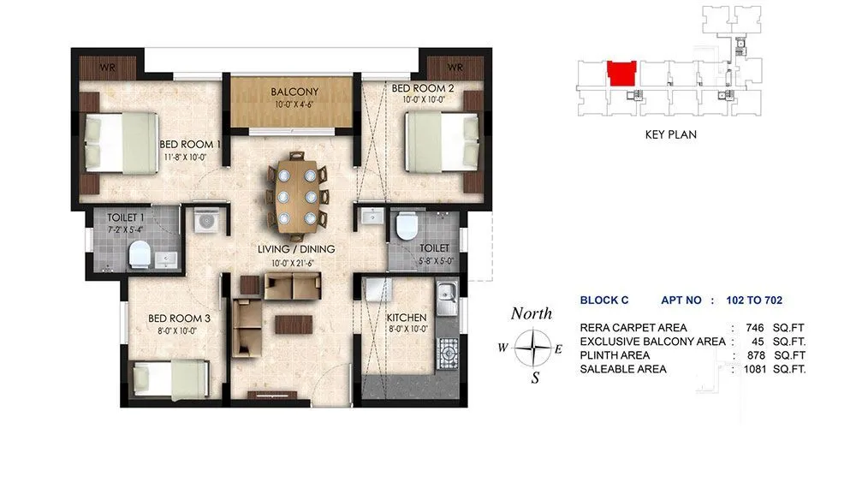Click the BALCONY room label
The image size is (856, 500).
294,92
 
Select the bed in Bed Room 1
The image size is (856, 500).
121,143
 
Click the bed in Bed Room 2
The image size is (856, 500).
440,142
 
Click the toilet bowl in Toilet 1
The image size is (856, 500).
139,255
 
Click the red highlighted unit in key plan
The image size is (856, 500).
621,74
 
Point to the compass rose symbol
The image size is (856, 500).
535,348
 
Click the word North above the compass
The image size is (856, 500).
531,314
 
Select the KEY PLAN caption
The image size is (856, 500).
670,134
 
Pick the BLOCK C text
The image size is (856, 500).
604,301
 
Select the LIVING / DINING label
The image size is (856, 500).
297,249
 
